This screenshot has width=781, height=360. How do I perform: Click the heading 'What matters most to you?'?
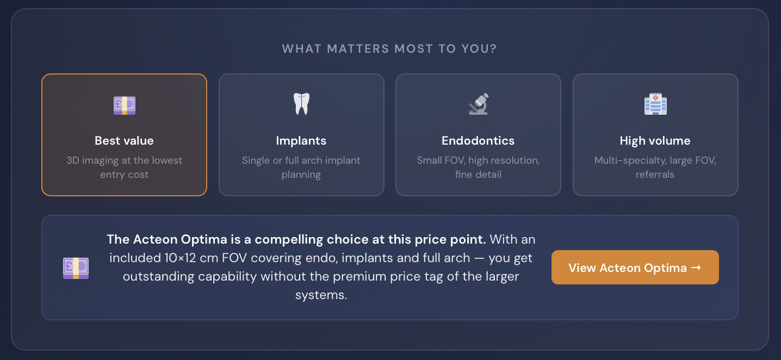point(389,49)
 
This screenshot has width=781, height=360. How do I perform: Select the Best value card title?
point(124,141)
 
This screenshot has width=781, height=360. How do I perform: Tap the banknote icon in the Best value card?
point(125,105)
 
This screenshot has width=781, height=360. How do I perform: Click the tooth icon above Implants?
point(301,103)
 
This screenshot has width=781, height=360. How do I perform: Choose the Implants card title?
point(301,141)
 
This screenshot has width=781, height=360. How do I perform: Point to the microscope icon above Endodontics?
point(479,104)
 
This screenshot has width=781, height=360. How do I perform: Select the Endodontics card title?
point(478,141)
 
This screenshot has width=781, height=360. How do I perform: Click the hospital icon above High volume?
point(655,104)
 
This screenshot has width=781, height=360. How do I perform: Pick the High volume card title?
point(655,141)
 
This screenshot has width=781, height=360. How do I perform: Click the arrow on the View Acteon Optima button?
point(696,268)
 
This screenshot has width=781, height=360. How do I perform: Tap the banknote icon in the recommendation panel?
point(76,268)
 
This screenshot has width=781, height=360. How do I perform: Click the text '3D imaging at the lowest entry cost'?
point(124,167)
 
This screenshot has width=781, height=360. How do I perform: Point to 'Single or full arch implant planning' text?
point(301,167)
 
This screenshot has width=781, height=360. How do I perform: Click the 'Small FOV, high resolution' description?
point(478,161)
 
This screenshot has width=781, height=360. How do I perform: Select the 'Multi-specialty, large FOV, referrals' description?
point(655,167)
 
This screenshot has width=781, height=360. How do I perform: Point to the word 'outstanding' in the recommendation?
point(158,277)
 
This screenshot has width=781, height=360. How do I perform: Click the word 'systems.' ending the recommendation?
point(321,296)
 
